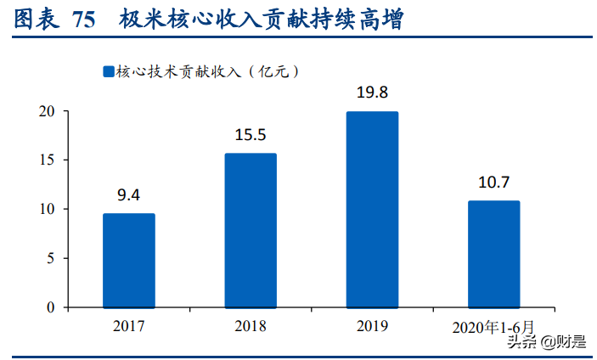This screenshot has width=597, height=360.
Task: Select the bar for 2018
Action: coord(251,230)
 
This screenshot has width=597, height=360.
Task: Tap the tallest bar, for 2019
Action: coord(372,209)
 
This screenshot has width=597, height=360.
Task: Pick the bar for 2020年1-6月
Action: coord(493,254)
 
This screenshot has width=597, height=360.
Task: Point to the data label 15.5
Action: coord(251,135)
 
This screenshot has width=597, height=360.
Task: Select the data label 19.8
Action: coord(372,93)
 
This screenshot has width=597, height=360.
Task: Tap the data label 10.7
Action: coord(493,183)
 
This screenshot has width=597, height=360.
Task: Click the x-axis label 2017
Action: coord(129,325)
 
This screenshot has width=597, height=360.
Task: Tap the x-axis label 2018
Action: coord(251,325)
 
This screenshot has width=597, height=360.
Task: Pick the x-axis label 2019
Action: coord(372,325)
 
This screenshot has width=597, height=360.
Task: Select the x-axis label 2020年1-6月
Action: coord(493,326)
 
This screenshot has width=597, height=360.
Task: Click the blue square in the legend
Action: coord(108,72)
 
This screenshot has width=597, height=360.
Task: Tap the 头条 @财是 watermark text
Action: coord(548,341)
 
